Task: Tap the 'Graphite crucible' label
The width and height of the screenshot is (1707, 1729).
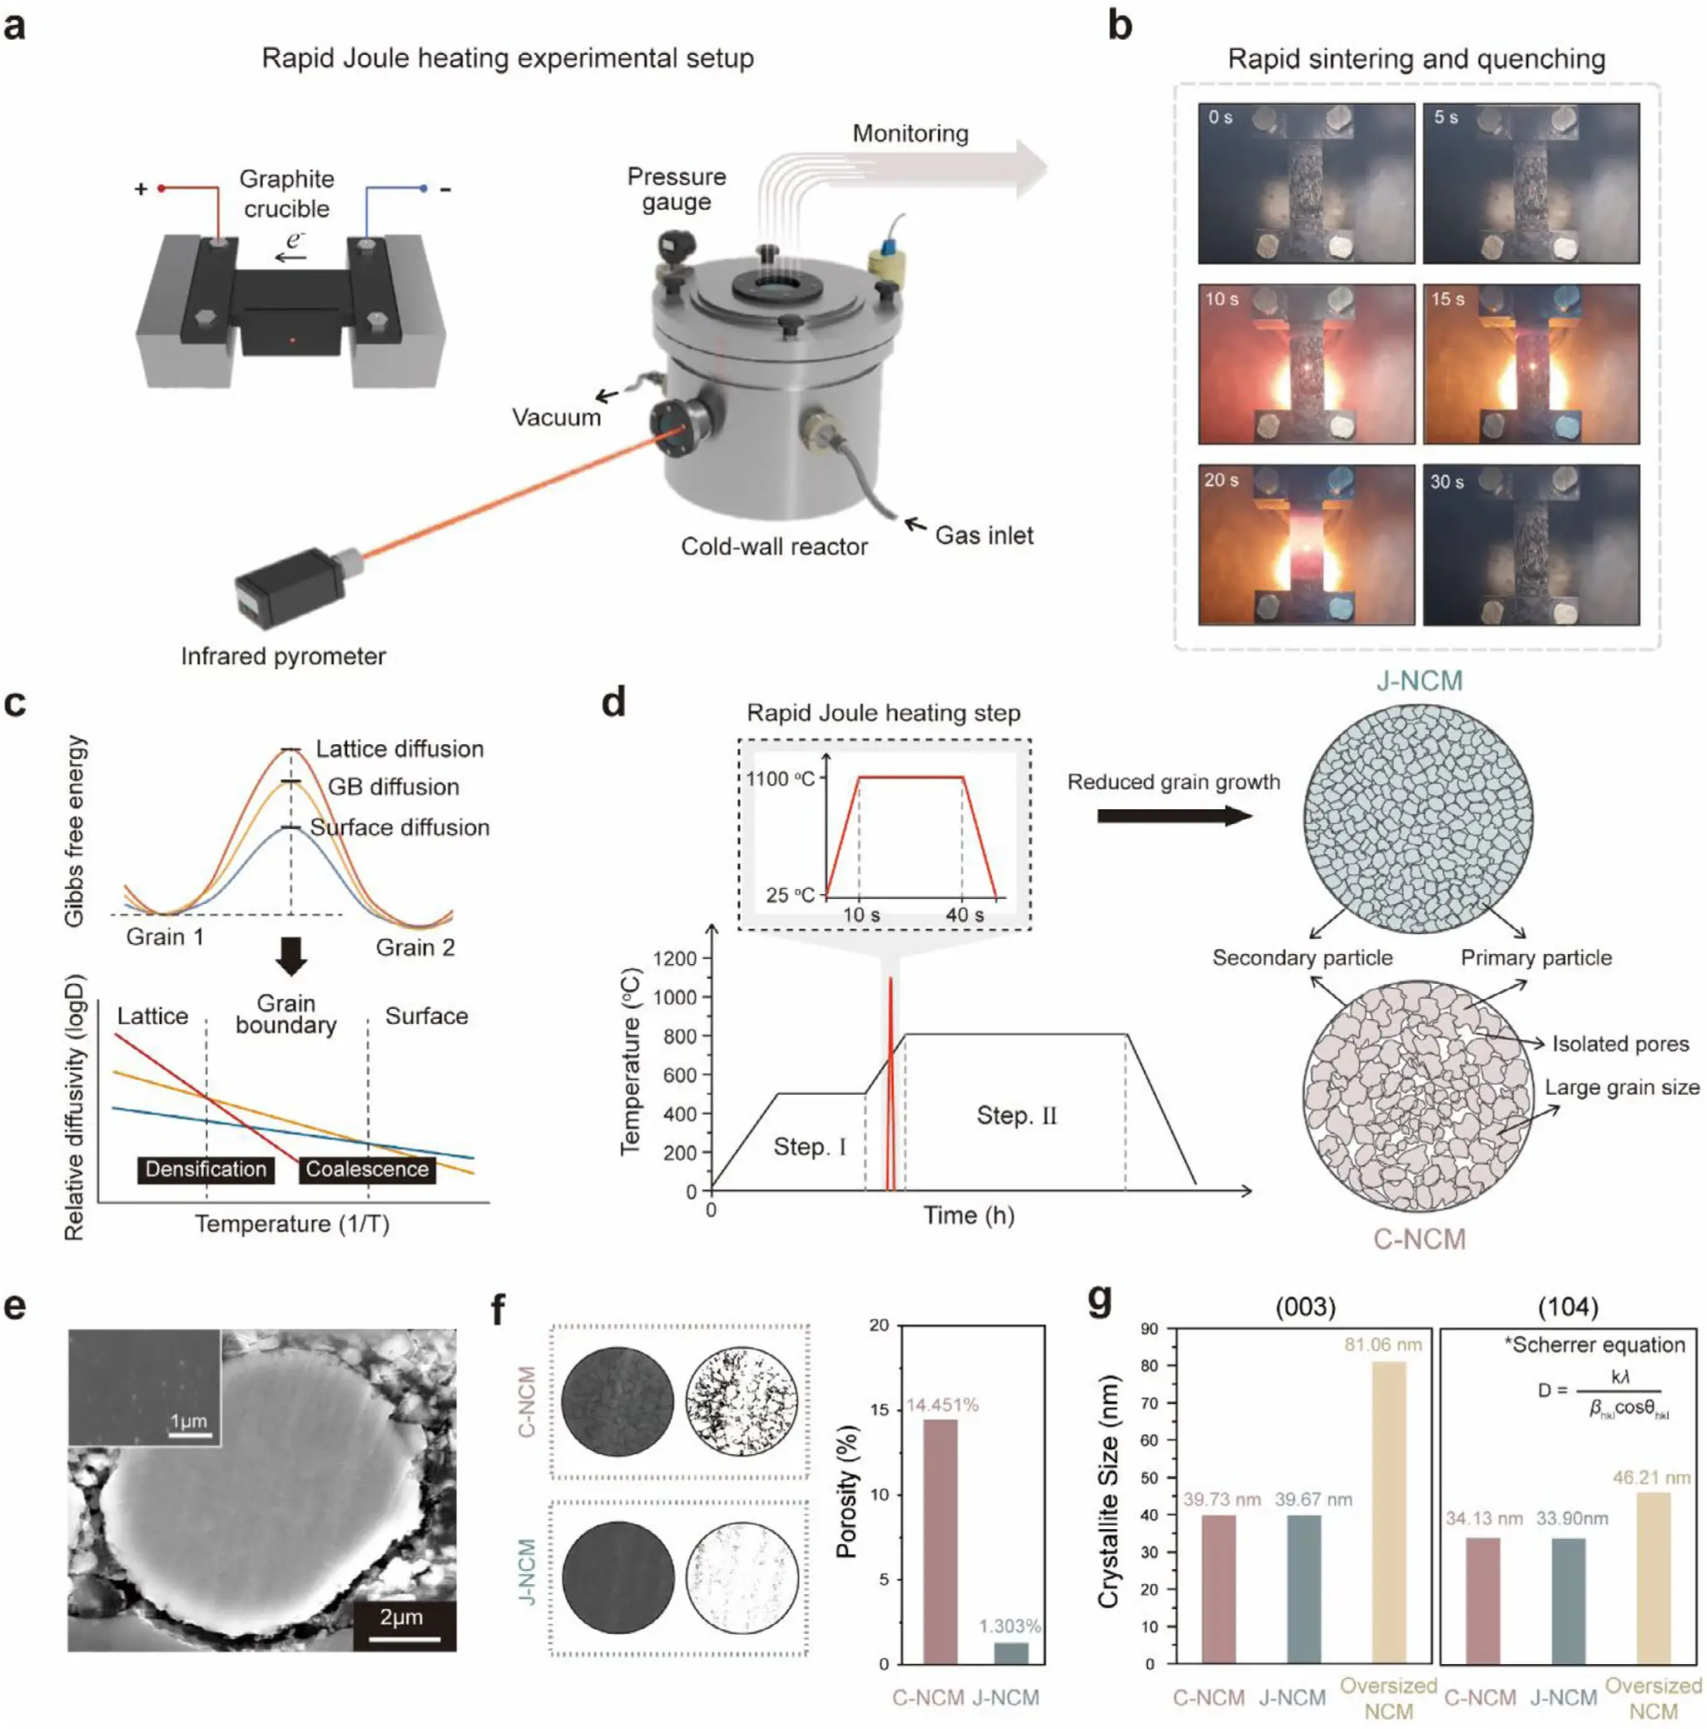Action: tap(286, 193)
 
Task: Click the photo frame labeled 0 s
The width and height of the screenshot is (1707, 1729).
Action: tap(1305, 182)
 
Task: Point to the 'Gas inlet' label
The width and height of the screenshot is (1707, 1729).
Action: tap(983, 535)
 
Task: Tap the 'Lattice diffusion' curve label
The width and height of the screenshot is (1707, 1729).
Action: tap(399, 748)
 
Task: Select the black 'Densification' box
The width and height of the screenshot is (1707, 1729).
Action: tap(206, 1169)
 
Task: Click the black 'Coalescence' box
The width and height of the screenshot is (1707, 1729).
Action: tap(367, 1169)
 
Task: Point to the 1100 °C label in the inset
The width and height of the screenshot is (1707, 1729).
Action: tap(779, 778)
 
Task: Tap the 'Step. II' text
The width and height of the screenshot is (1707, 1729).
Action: tap(1016, 1115)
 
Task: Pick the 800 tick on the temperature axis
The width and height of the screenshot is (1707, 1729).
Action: tap(680, 1036)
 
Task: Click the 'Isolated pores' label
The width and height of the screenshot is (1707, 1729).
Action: tap(1620, 1044)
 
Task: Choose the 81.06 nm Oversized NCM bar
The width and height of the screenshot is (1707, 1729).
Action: tap(1387, 1513)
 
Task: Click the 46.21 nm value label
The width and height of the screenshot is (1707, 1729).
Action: tap(1651, 1478)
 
